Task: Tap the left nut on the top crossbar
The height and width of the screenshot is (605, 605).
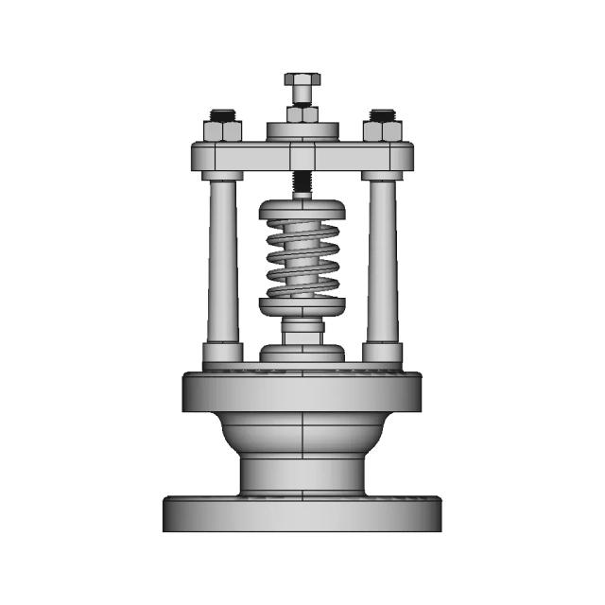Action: pyautogui.click(x=220, y=130)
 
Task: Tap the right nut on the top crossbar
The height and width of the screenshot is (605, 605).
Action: pyautogui.click(x=384, y=130)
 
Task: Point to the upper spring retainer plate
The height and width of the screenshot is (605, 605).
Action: pyautogui.click(x=302, y=208)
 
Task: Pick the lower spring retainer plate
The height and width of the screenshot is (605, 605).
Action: pyautogui.click(x=302, y=306)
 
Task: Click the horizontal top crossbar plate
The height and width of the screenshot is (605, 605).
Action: pyautogui.click(x=302, y=157)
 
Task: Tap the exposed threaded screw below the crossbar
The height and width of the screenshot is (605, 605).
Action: pyautogui.click(x=302, y=182)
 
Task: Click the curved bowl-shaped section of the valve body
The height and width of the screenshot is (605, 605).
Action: pyautogui.click(x=302, y=435)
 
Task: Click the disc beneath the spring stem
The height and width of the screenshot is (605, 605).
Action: pyautogui.click(x=302, y=353)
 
